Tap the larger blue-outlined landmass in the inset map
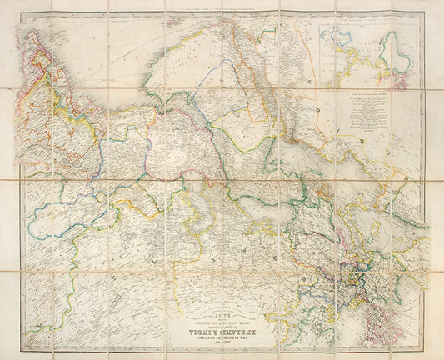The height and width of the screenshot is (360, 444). pyautogui.click(x=342, y=37)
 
